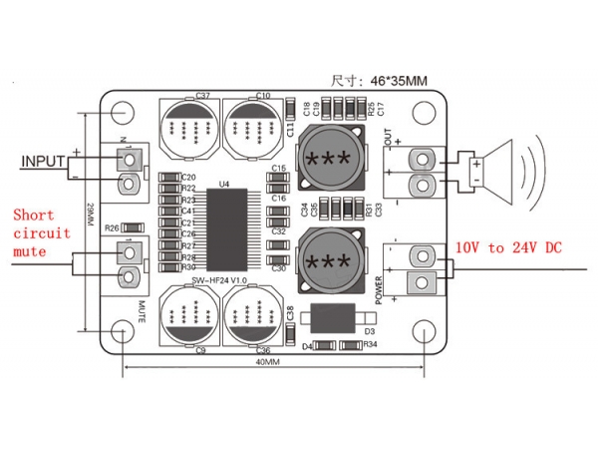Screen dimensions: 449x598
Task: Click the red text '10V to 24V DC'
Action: (x=508, y=246)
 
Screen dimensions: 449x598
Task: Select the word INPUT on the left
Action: (x=43, y=160)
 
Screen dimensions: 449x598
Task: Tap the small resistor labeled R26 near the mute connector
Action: (x=139, y=227)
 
